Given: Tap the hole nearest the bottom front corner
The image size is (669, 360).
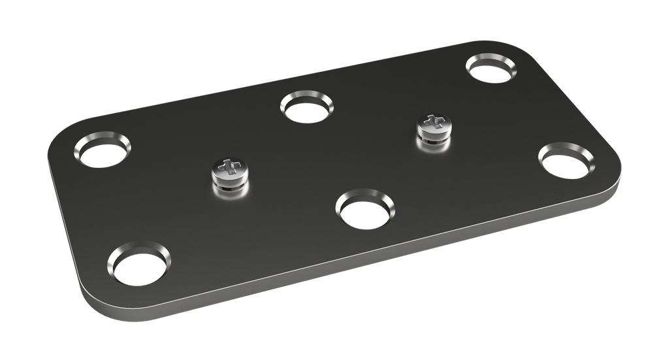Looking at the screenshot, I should pyautogui.click(x=140, y=266).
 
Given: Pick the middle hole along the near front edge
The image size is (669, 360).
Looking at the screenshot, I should pyautogui.click(x=366, y=210).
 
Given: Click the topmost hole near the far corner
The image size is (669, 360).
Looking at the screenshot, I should pyautogui.click(x=491, y=68).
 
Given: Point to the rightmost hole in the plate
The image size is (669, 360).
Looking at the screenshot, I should pyautogui.click(x=566, y=162).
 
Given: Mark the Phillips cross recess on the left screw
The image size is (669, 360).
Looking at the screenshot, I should pyautogui.click(x=227, y=166).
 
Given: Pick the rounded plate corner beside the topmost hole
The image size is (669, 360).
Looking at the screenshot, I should pyautogui.click(x=532, y=51).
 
